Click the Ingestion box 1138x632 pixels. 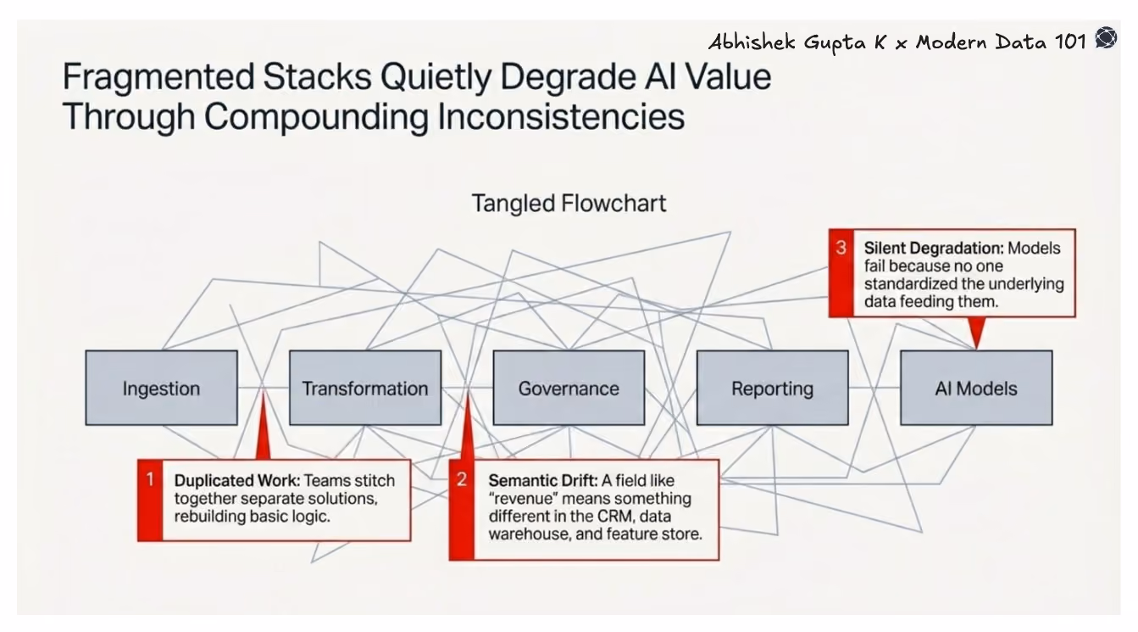[x=162, y=388]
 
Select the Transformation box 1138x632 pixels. [x=365, y=388]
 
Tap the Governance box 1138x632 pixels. [x=569, y=388]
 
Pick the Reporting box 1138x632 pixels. [x=773, y=388]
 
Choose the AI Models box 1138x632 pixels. [x=976, y=388]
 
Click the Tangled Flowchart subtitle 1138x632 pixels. [x=569, y=204]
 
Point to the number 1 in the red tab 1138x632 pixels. [x=150, y=479]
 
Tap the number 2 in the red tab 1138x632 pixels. [x=461, y=479]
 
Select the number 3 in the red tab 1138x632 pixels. [x=841, y=248]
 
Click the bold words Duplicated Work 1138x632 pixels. [x=237, y=480]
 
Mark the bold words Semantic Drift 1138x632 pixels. [x=543, y=480]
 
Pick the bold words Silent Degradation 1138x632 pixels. [x=934, y=248]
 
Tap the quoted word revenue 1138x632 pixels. [x=523, y=499]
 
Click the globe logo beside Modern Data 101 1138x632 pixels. [x=1106, y=37]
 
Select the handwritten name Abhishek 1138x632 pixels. [x=752, y=42]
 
